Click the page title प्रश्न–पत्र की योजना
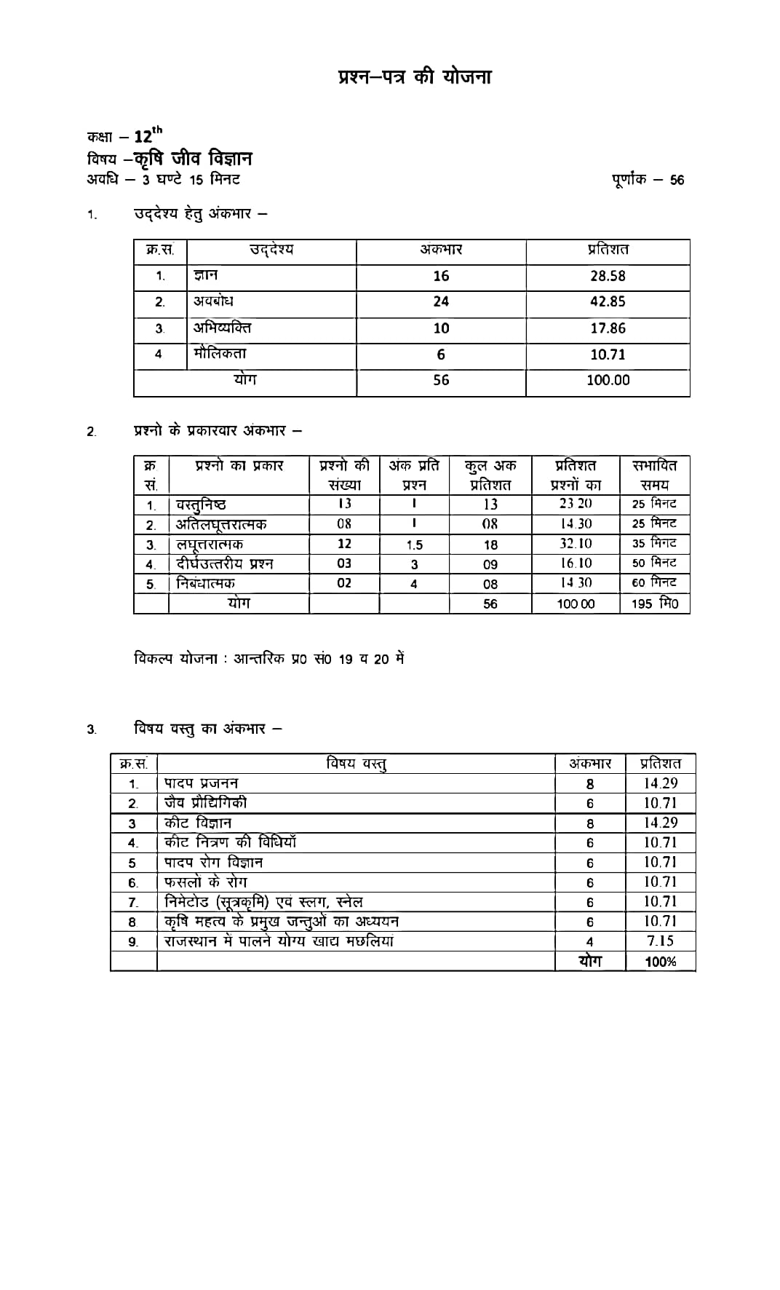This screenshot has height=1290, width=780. point(415,77)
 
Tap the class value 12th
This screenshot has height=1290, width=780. point(148,135)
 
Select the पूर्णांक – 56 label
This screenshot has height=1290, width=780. point(648,180)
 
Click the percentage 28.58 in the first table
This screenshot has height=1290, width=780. point(608,276)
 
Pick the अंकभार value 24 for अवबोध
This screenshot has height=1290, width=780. point(441,301)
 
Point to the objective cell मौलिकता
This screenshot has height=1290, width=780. point(220,354)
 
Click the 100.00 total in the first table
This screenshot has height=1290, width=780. point(608,380)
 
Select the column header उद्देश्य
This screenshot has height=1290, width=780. point(271,250)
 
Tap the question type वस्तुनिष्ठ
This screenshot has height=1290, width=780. point(201,504)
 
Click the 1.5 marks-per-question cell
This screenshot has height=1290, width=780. point(414,545)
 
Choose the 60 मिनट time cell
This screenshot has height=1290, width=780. point(654,582)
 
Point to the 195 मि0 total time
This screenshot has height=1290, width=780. point(654,604)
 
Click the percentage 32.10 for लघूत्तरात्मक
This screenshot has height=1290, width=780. point(576,544)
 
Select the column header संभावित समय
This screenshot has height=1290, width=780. point(654,475)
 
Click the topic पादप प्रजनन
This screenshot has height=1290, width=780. point(201,783)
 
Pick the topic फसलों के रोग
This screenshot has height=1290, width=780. point(205,882)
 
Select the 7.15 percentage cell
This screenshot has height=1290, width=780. point(660,941)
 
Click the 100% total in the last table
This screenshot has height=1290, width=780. point(660,962)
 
